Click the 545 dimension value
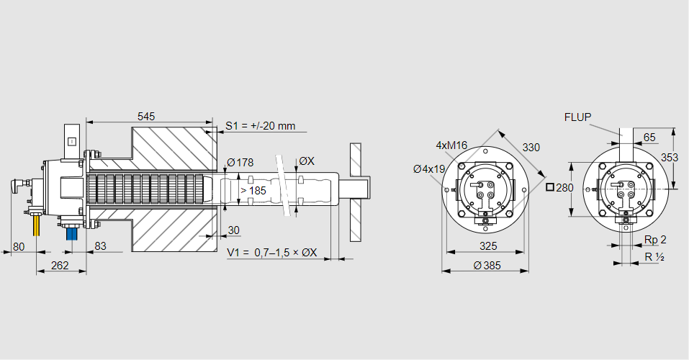pyautogui.click(x=146, y=115)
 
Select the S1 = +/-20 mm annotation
pyautogui.click(x=260, y=126)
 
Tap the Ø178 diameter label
pyautogui.click(x=240, y=161)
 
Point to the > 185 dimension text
pyautogui.click(x=253, y=191)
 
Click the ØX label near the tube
pyautogui.click(x=306, y=161)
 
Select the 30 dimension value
pyautogui.click(x=233, y=230)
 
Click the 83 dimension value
pyautogui.click(x=100, y=246)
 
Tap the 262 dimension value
pyautogui.click(x=60, y=266)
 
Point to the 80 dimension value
pyautogui.click(x=19, y=246)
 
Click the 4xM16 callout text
pyautogui.click(x=451, y=145)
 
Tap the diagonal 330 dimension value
pyautogui.click(x=531, y=148)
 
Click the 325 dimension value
pyautogui.click(x=487, y=246)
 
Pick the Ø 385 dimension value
pyautogui.click(x=487, y=266)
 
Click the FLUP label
pyautogui.click(x=577, y=117)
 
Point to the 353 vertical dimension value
pyautogui.click(x=669, y=157)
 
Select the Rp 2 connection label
pyautogui.click(x=654, y=240)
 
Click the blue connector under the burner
pyautogui.click(x=71, y=233)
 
